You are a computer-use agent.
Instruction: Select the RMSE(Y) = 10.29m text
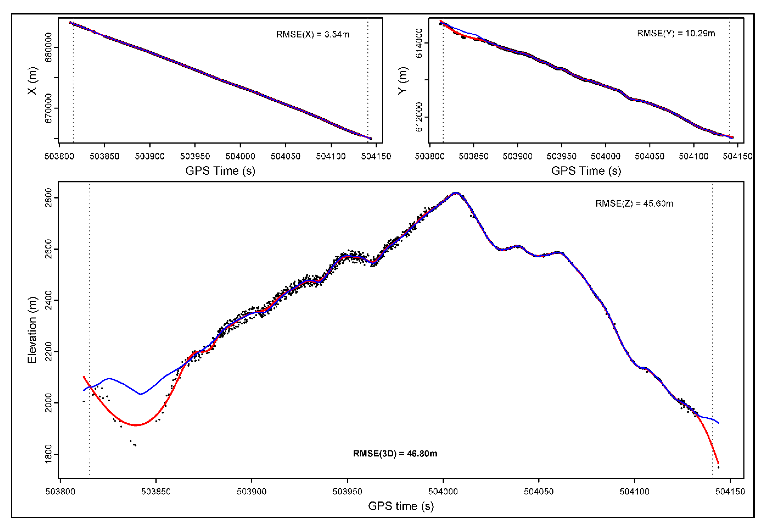click(676, 33)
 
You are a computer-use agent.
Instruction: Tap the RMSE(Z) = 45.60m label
click(634, 204)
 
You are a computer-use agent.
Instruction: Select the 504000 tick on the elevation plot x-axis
click(443, 491)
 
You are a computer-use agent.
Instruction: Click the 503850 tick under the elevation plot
click(156, 491)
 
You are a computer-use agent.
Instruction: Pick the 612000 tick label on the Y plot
click(419, 117)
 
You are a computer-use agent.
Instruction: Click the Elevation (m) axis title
click(32, 330)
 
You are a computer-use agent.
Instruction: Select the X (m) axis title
click(32, 81)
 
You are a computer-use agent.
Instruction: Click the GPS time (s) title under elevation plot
click(401, 506)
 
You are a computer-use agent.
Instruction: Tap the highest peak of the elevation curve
click(456, 193)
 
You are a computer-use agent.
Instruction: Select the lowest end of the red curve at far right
click(718, 463)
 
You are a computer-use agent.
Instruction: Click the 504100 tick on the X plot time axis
click(331, 156)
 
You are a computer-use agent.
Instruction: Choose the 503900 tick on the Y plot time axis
click(517, 156)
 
